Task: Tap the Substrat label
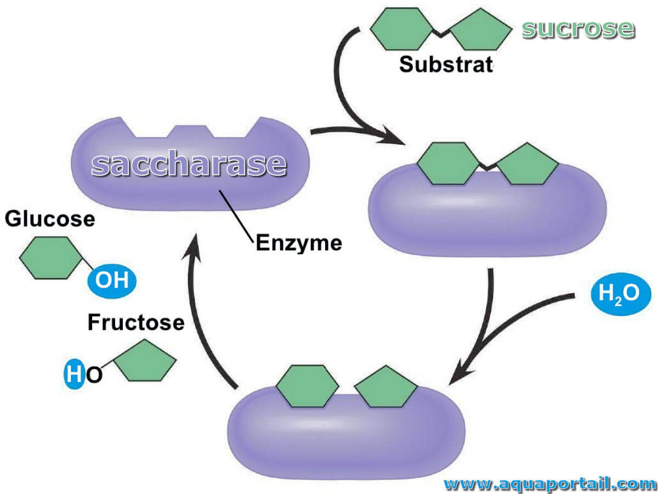(x=446, y=64)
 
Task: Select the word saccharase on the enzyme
(x=189, y=164)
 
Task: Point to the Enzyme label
(x=299, y=243)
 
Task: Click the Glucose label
(x=50, y=218)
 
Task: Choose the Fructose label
(x=136, y=322)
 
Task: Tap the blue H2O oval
(x=621, y=294)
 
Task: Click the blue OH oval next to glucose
(x=112, y=281)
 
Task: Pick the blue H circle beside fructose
(x=73, y=374)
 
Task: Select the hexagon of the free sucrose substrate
(x=402, y=29)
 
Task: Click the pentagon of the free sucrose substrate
(x=480, y=30)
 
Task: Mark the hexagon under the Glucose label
(x=51, y=258)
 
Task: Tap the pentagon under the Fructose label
(x=145, y=361)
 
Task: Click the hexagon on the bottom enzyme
(x=307, y=386)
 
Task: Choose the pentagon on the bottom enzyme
(x=386, y=386)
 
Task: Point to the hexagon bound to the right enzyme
(x=449, y=164)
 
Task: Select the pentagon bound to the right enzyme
(x=527, y=164)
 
